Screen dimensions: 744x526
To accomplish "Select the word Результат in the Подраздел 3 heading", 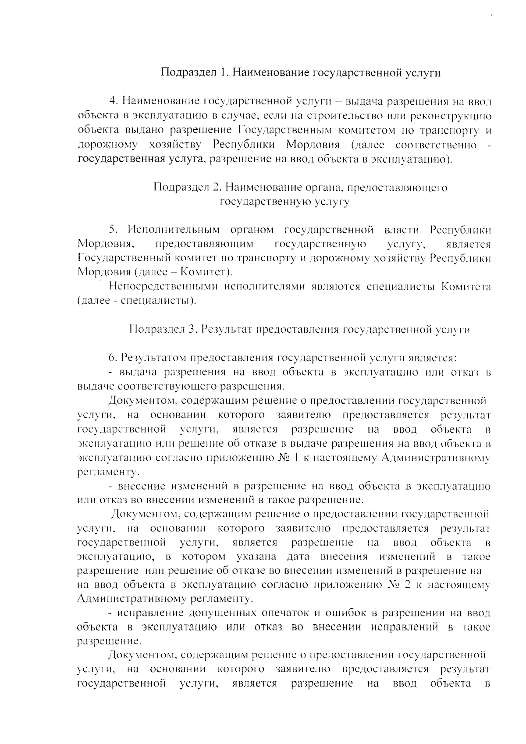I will pos(227,330).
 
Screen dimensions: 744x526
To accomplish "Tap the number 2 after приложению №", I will pos(407,585).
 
